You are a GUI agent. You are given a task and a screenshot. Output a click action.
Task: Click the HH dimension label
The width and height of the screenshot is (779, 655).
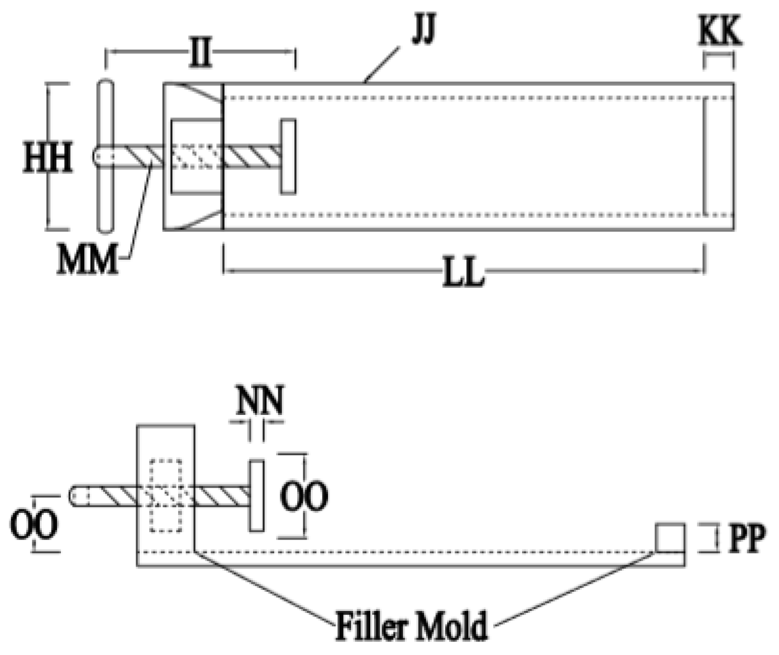(x=48, y=158)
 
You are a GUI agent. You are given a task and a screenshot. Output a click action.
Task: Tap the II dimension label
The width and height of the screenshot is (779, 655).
(x=200, y=53)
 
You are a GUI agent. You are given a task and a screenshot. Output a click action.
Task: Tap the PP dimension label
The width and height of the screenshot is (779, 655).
(x=746, y=538)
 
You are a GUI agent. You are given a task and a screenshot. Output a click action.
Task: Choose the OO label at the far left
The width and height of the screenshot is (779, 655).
(x=34, y=525)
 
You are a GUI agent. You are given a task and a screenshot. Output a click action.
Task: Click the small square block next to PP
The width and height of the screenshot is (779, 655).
(x=670, y=538)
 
